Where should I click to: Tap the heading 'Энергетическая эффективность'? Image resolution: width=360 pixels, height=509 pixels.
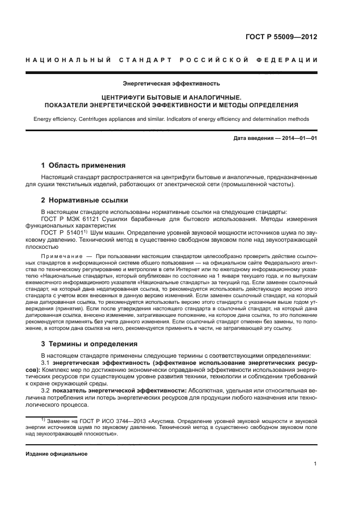[x=171, y=84]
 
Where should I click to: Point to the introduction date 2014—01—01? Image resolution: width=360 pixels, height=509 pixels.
[x=298, y=139]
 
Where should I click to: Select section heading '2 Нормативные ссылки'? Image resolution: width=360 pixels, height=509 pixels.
[x=84, y=200]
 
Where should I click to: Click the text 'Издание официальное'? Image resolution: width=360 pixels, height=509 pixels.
[x=57, y=454]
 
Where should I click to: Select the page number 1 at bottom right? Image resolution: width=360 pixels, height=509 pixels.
[x=315, y=464]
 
